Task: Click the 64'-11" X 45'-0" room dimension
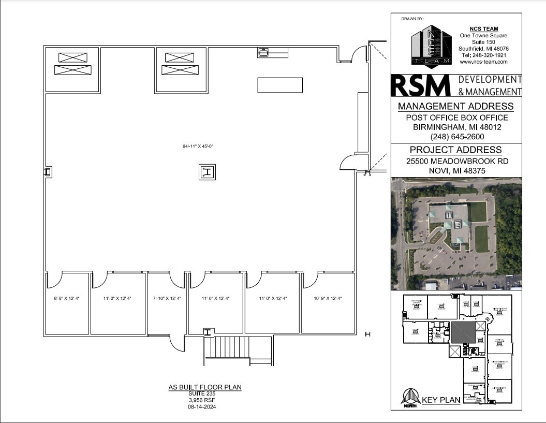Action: (198, 147)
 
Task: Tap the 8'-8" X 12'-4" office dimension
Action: (66, 298)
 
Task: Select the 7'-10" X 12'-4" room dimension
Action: (167, 298)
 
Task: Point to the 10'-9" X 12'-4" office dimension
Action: (328, 298)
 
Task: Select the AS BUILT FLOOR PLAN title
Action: (205, 387)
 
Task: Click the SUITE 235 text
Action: (205, 394)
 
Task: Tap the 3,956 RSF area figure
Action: (205, 400)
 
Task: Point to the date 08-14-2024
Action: (205, 407)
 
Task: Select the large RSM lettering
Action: (421, 85)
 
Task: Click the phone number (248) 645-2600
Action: (456, 137)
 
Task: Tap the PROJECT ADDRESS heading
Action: (455, 150)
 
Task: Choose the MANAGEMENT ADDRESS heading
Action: (455, 107)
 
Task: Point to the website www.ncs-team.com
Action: (483, 62)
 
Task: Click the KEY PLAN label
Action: (441, 400)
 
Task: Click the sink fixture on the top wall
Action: (263, 52)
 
